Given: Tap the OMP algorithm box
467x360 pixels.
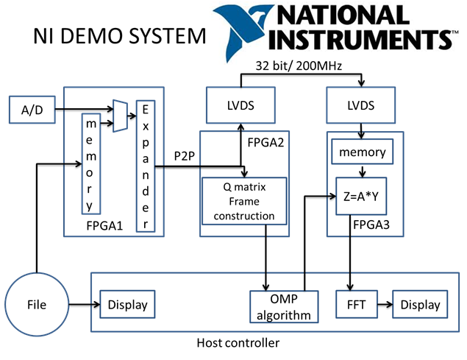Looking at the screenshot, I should pos(283,305).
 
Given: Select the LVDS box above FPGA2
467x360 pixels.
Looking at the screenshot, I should pos(241,105).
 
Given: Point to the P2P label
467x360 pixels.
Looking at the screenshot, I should pos(185,157).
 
